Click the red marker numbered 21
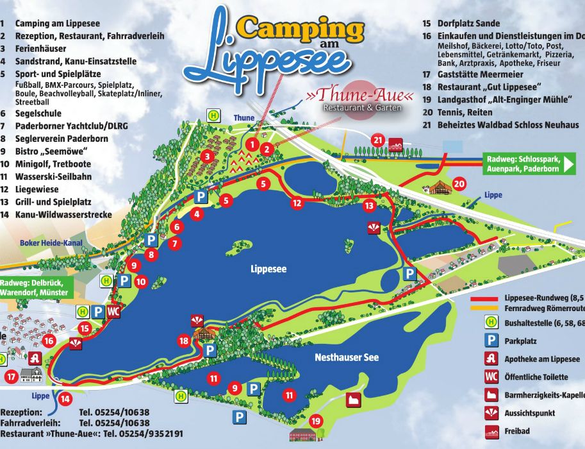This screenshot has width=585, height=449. coord(378,140)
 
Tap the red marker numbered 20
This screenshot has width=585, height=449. coord(459,184)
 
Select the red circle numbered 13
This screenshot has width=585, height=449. coord(368,206)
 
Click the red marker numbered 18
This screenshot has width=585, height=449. coord(185,341)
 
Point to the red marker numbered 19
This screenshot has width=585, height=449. coord(315,421)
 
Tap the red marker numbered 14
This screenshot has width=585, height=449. coord(65,398)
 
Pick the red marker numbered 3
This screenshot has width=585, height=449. coord(207,156)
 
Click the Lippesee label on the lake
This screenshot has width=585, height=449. coord(268,269)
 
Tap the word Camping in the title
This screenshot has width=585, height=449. coord(301,28)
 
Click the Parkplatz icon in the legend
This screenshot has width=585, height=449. coord(491,341)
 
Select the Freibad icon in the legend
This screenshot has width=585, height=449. coord(491,431)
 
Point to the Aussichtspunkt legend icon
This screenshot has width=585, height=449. coord(491,413)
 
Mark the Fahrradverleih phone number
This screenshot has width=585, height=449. coord(114,423)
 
